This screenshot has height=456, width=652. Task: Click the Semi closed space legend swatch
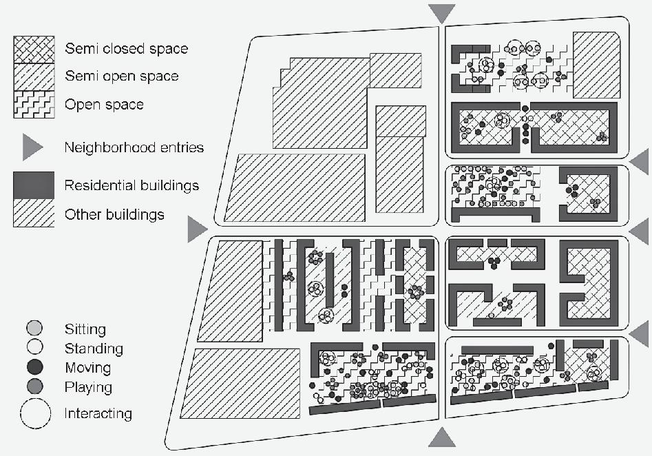click(34, 49)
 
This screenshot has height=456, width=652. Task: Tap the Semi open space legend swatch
click(34, 76)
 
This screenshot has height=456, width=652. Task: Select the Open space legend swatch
click(34, 105)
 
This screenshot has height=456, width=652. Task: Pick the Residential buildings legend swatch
click(34, 185)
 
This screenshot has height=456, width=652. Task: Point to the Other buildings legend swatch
click(34, 214)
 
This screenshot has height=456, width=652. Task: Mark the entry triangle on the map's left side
click(196, 230)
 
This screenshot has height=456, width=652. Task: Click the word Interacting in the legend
click(98, 414)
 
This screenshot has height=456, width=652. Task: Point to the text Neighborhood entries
click(134, 147)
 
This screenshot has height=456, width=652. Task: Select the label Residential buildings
click(132, 186)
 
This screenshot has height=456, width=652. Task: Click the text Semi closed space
click(126, 49)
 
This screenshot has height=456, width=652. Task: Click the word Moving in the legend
click(87, 368)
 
